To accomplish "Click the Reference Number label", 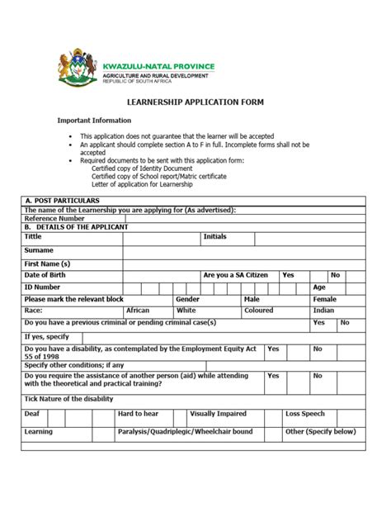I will [54, 218].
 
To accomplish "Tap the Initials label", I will [215, 236].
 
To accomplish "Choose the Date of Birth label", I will [49, 275].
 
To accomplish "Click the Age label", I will [319, 287].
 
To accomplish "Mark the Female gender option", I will [324, 299].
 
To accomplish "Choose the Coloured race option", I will [259, 311].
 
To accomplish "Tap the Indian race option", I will [323, 311].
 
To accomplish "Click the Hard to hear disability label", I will [138, 413].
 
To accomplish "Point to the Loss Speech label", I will [305, 413].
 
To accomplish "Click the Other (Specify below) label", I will [320, 432].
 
